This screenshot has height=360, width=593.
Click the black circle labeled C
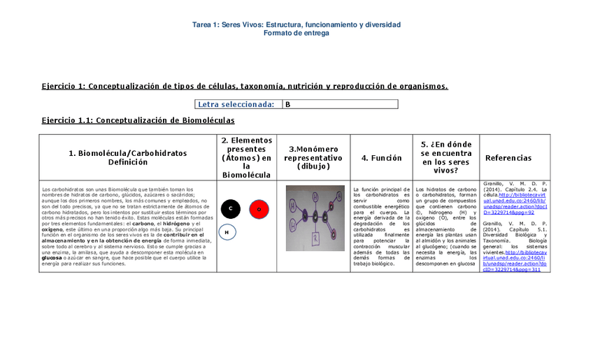(x=230, y=208)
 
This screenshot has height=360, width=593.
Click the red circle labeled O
(x=259, y=209)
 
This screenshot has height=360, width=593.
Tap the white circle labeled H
(x=227, y=232)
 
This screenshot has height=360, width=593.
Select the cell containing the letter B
(x=340, y=104)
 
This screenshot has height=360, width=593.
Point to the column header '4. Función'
(x=381, y=158)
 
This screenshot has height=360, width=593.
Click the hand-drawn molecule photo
(x=315, y=218)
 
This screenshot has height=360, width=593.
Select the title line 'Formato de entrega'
(x=296, y=33)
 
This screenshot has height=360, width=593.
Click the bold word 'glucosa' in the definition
(x=53, y=257)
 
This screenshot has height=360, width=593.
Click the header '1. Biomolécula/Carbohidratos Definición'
(x=128, y=157)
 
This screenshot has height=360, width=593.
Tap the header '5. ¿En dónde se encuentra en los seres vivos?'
(x=445, y=158)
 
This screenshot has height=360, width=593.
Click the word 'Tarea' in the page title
(x=203, y=24)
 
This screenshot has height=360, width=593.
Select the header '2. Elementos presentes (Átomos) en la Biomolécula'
(x=246, y=158)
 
